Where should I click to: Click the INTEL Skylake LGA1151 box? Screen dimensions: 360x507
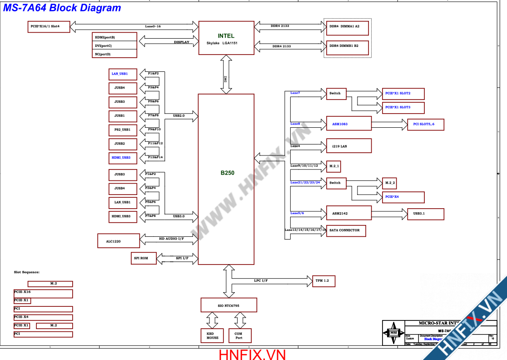(226, 38)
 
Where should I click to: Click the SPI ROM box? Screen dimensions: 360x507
(143, 258)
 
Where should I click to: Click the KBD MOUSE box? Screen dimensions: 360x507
(212, 335)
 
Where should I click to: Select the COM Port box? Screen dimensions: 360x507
(239, 335)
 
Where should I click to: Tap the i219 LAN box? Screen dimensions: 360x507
(348, 146)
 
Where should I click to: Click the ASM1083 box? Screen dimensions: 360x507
(348, 124)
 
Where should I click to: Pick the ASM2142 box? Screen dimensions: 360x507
(348, 213)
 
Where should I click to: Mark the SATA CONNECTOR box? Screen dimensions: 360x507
(346, 230)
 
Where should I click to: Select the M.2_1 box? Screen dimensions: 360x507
(333, 167)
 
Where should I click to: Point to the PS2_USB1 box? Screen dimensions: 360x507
(123, 130)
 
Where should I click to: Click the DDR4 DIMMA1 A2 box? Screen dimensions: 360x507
(347, 26)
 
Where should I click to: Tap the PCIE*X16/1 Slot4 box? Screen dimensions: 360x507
(49, 26)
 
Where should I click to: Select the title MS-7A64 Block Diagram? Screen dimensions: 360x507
(62, 8)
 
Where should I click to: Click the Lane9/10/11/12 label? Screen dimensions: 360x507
(304, 166)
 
